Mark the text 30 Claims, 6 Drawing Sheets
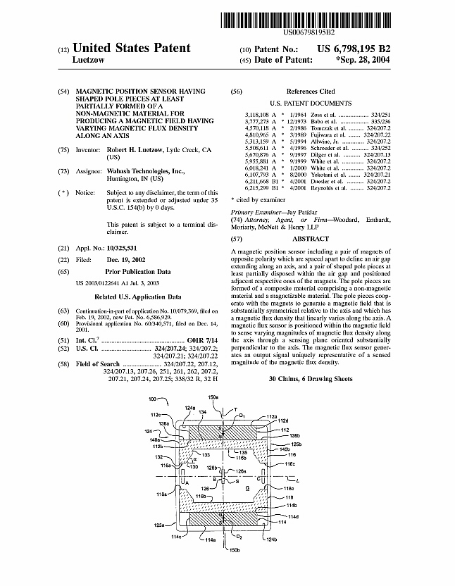tap(310, 379)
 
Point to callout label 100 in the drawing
tap(153, 399)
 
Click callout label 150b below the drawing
tap(235, 569)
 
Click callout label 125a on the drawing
tap(160, 545)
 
